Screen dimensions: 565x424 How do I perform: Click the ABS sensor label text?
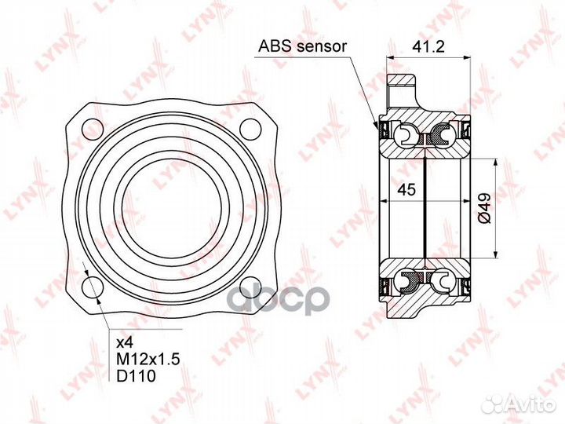(302, 46)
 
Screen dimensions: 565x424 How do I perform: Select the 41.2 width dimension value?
(428, 46)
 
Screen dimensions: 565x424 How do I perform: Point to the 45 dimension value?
(406, 189)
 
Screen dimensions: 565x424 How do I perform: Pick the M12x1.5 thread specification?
(148, 359)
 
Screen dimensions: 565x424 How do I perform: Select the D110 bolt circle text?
(137, 376)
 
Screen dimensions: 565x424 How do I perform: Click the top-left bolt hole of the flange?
(93, 130)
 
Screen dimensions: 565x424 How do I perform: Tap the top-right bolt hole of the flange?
(250, 130)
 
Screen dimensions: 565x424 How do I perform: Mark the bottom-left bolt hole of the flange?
(93, 287)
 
